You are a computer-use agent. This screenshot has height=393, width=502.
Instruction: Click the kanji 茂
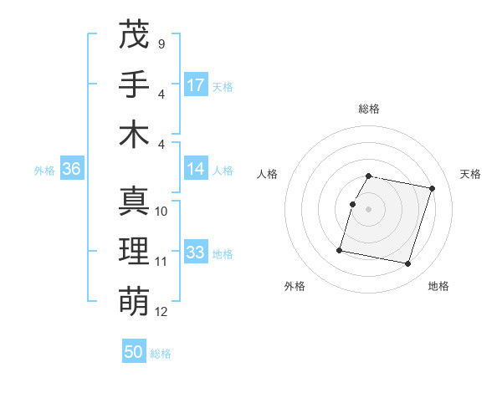(134, 34)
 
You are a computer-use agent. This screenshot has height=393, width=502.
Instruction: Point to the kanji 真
(134, 202)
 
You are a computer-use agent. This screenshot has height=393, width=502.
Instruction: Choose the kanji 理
(134, 252)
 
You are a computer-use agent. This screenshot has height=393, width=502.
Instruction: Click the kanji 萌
(134, 301)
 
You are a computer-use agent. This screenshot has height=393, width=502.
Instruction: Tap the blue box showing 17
(196, 84)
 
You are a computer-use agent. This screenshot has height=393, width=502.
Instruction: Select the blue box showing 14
(196, 168)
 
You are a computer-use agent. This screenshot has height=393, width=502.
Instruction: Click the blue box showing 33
(196, 252)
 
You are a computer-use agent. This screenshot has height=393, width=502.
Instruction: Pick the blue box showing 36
(71, 169)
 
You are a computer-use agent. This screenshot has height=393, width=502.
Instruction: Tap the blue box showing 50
(134, 352)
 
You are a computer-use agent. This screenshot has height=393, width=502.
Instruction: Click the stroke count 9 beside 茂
(161, 43)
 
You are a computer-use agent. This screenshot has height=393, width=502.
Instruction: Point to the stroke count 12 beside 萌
(161, 312)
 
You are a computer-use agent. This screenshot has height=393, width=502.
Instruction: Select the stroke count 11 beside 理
(161, 262)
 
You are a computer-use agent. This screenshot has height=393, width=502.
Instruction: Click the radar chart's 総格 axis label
(368, 109)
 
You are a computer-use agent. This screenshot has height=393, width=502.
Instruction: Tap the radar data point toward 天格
(432, 189)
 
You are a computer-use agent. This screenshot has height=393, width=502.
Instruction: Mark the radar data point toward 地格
(407, 264)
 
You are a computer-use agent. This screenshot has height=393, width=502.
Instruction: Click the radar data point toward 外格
(340, 249)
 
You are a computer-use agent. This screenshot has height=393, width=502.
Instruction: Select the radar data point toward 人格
(352, 204)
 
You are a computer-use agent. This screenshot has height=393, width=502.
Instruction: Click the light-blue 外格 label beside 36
(44, 170)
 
